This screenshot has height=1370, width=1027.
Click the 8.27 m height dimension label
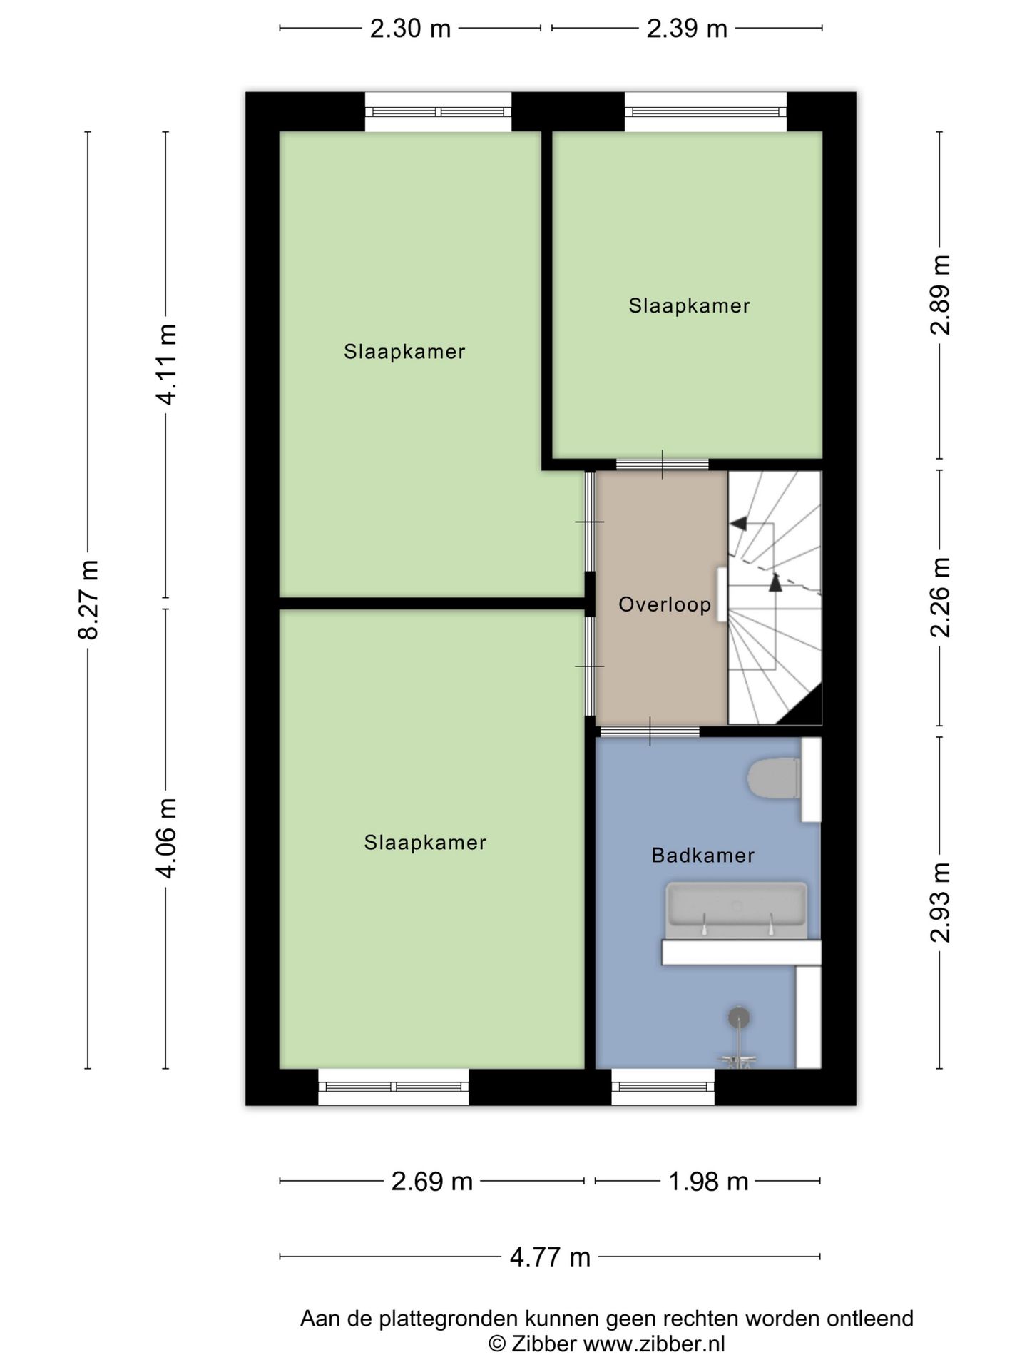pyautogui.click(x=89, y=599)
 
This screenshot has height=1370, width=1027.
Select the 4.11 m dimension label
pyautogui.click(x=167, y=364)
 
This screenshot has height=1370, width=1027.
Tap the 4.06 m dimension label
pyautogui.click(x=167, y=838)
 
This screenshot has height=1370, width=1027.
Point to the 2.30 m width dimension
pyautogui.click(x=410, y=29)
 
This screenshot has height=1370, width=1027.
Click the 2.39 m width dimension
pyautogui.click(x=687, y=29)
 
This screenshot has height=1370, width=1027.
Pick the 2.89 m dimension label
pyautogui.click(x=941, y=295)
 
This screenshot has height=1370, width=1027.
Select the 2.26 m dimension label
pyautogui.click(x=941, y=597)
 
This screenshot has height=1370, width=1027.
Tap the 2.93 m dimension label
pyautogui.click(x=941, y=902)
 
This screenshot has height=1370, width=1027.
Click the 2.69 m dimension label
pyautogui.click(x=432, y=1182)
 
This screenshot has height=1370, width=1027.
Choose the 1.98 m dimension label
pyautogui.click(x=708, y=1182)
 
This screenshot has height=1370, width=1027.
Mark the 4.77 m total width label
pyautogui.click(x=550, y=1257)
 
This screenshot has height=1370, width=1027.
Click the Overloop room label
pyautogui.click(x=665, y=605)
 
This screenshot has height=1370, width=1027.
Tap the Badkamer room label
pyautogui.click(x=703, y=855)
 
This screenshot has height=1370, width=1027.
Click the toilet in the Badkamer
pyautogui.click(x=773, y=779)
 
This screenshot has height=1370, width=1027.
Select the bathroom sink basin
pyautogui.click(x=737, y=910)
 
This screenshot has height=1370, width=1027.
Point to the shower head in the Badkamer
pyautogui.click(x=739, y=1018)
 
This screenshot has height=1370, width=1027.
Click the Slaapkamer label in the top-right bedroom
pyautogui.click(x=689, y=305)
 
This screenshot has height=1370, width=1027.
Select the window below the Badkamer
pyautogui.click(x=663, y=1087)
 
